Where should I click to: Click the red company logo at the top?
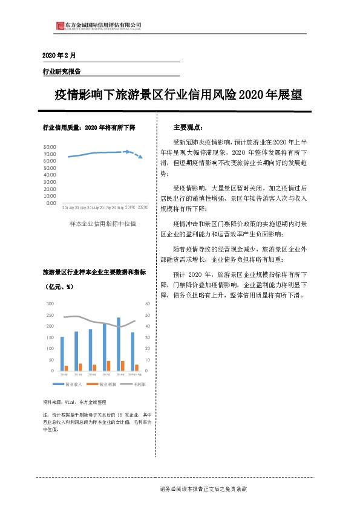pos(59,25)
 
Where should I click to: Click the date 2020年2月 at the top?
pos(59,55)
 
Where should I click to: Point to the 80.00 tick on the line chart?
pos(50,147)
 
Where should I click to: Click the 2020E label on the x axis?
pos(142,207)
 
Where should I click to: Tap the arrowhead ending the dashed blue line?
pos(140,157)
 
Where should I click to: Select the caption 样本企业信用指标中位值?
pos(103,224)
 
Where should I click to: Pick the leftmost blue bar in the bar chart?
pos(62,353)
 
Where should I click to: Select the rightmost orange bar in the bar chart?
pos(137,367)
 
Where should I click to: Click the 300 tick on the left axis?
pos(50,304)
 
